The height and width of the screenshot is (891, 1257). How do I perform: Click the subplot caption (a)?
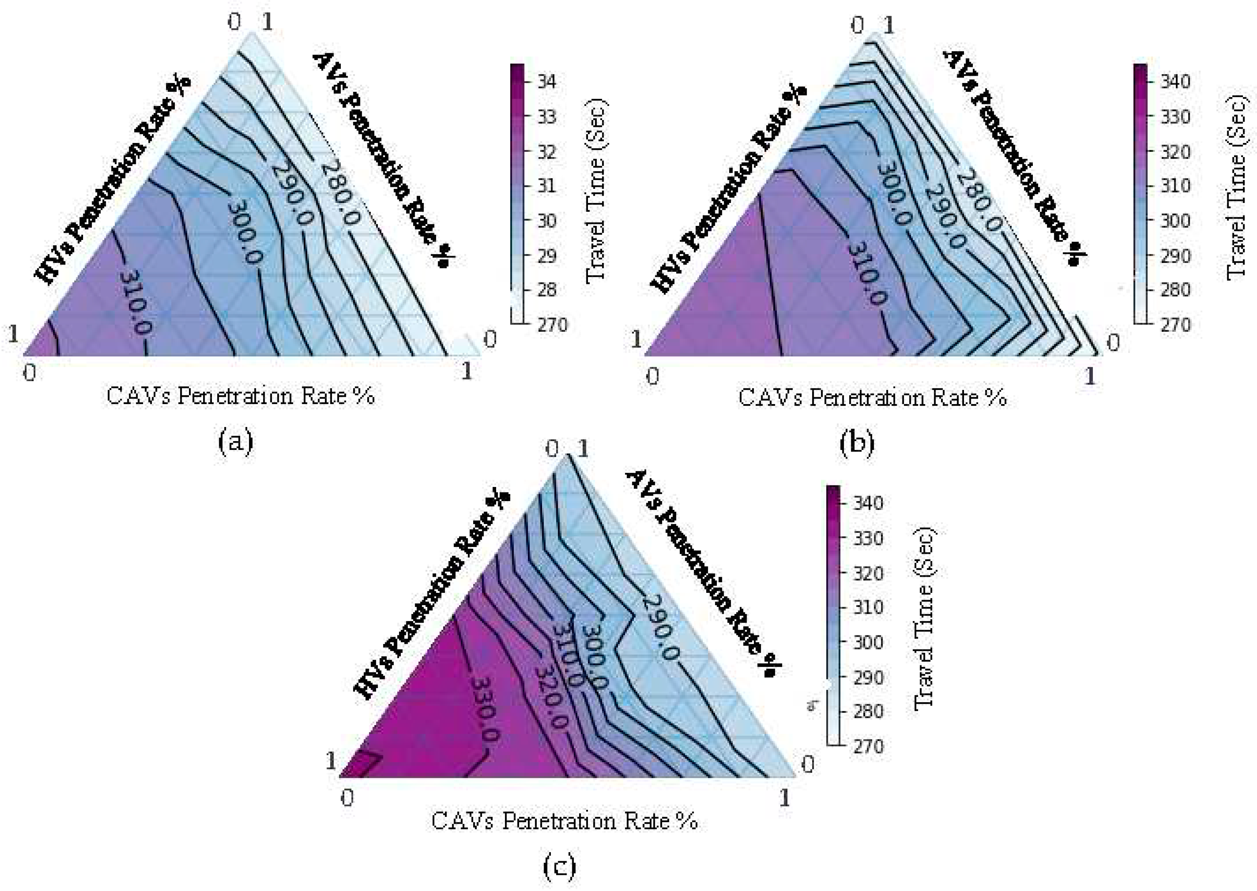click(236, 441)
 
